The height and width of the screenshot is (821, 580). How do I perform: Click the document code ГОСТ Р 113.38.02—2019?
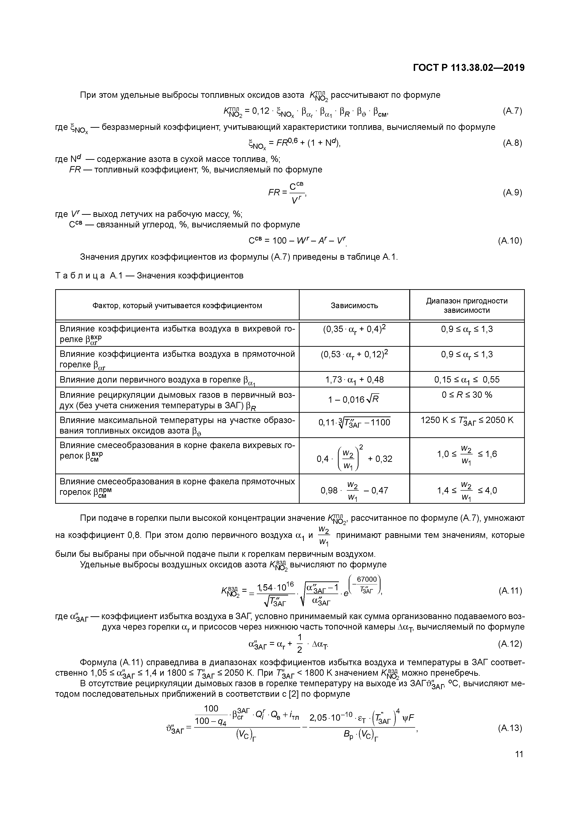pos(468,68)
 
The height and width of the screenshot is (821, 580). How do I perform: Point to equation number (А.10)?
pos(510,241)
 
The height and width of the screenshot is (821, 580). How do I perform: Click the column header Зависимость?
pos(354,305)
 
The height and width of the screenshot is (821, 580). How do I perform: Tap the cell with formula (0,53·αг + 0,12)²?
pos(354,354)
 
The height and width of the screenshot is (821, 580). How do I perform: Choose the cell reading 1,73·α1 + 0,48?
pos(354,379)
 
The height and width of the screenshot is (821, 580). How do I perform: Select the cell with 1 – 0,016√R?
pos(354,399)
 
